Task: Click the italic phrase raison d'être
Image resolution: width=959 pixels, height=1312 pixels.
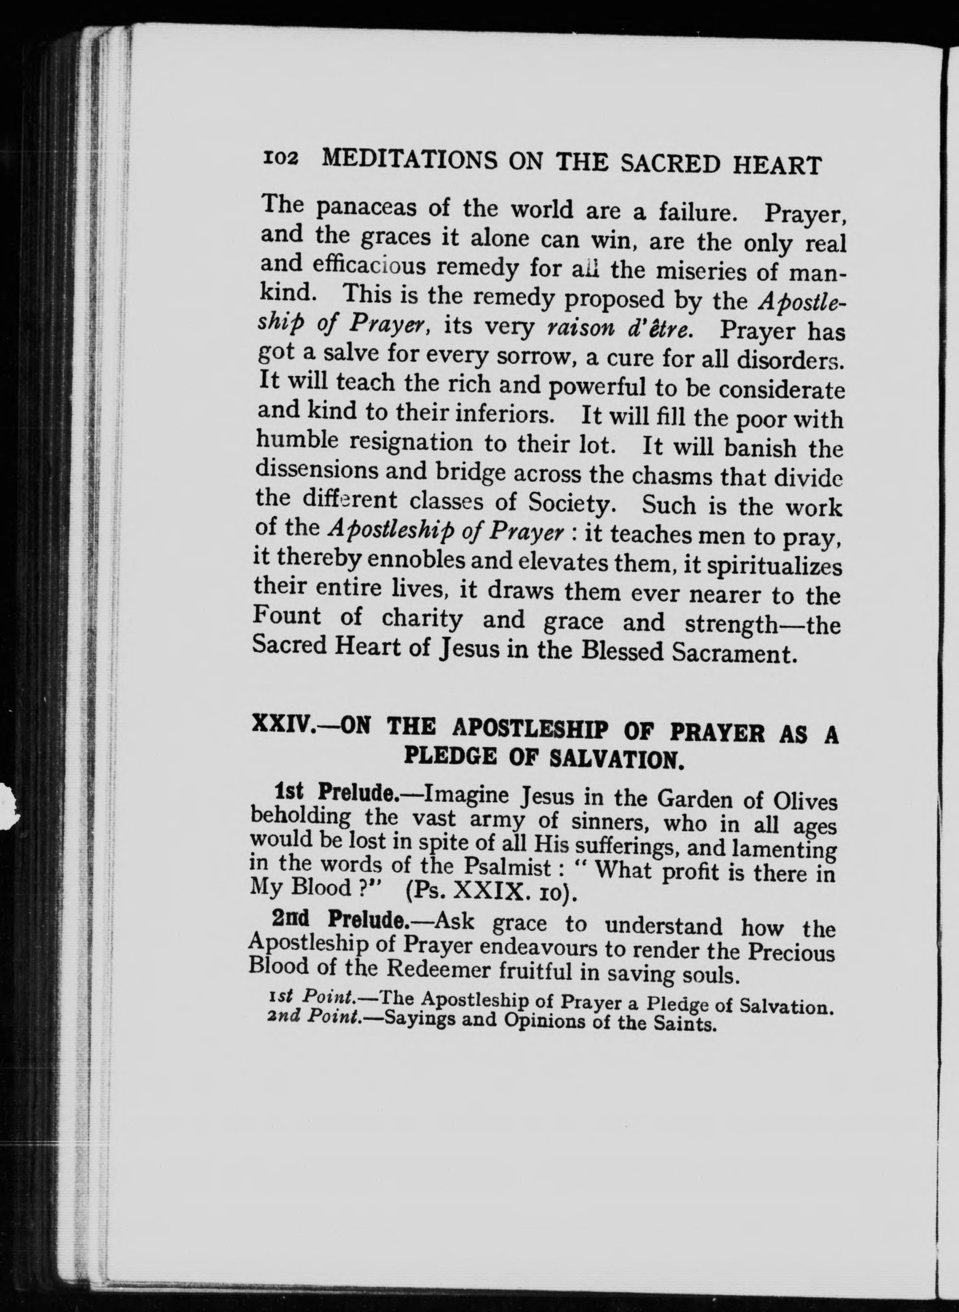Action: pyautogui.click(x=619, y=329)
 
